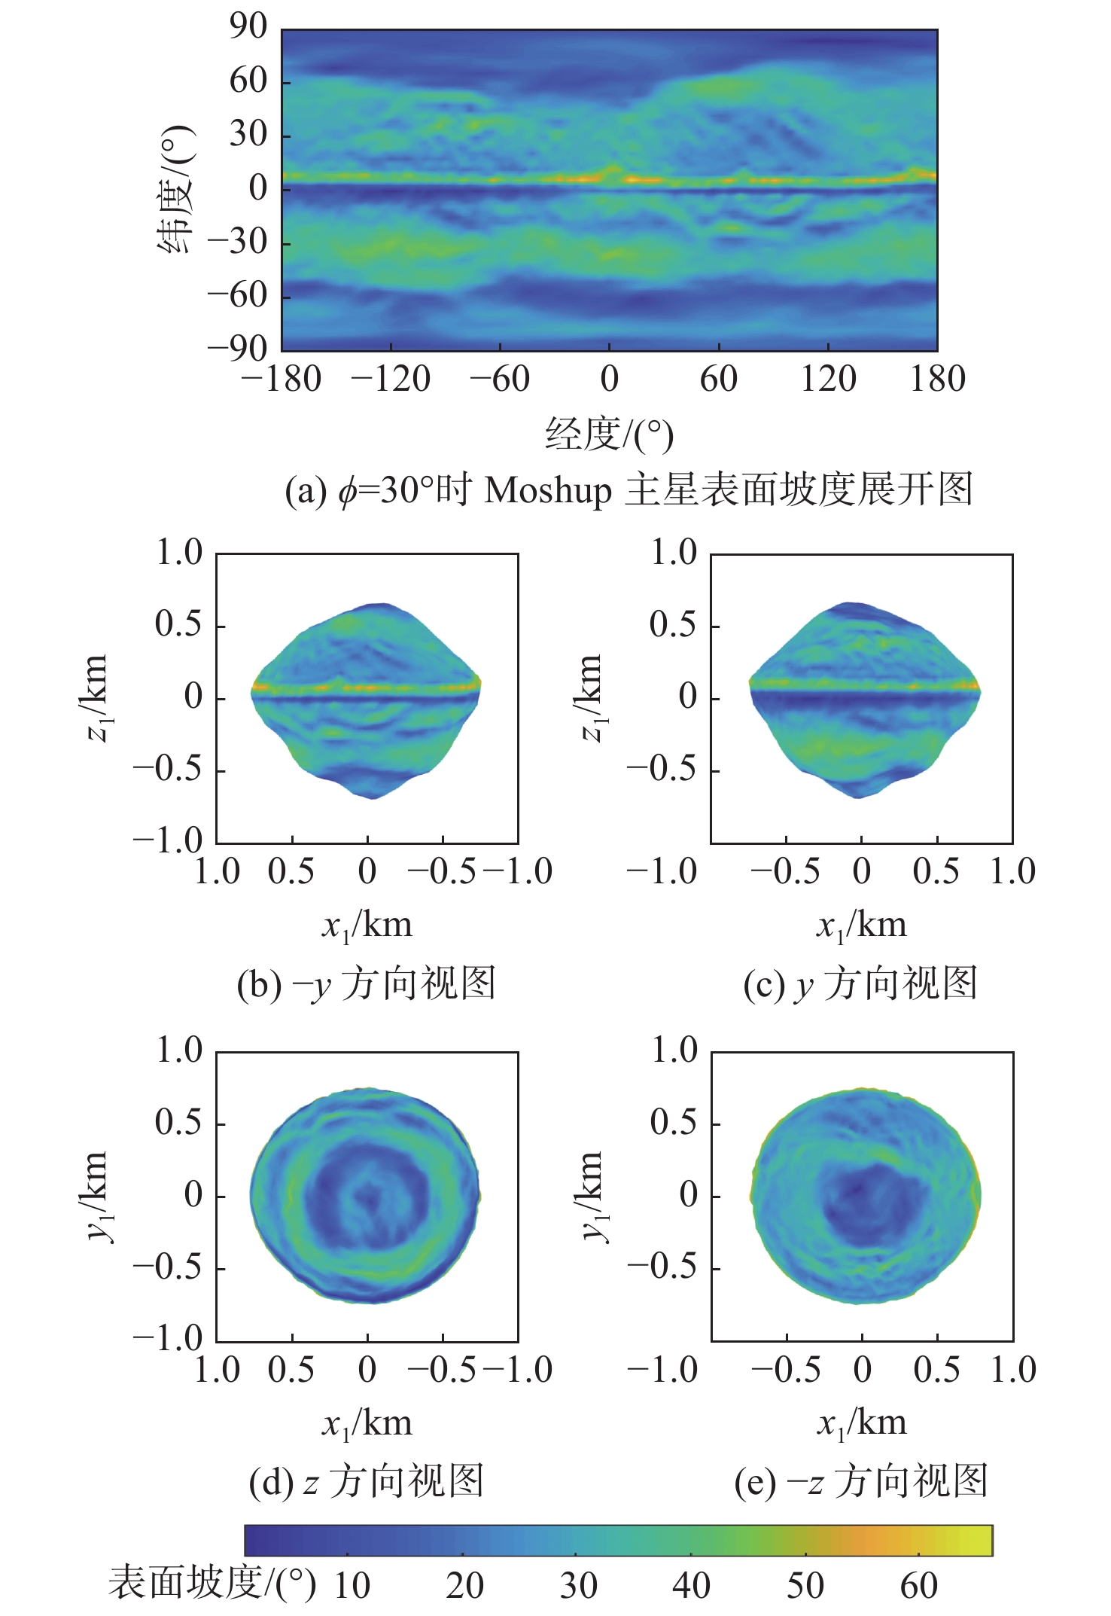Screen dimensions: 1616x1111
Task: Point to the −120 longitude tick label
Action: click(x=391, y=379)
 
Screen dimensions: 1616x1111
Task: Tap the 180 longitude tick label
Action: click(x=937, y=379)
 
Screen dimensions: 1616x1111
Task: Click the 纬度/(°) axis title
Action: click(x=177, y=190)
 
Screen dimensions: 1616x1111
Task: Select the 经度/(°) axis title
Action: click(x=609, y=435)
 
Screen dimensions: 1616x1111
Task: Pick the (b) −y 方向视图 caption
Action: click(x=367, y=984)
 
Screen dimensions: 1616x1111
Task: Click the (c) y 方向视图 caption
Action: click(x=860, y=984)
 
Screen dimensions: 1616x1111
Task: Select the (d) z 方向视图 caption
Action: click(x=367, y=1481)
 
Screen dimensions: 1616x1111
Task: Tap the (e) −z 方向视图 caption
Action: click(x=860, y=1481)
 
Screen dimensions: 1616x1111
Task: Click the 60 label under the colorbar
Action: click(x=918, y=1586)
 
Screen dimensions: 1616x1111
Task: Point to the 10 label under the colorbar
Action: click(x=352, y=1586)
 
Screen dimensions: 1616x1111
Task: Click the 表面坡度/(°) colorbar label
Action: click(x=212, y=1583)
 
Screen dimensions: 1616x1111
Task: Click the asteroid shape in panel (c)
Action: click(x=864, y=700)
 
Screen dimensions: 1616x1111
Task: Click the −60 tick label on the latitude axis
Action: click(x=238, y=295)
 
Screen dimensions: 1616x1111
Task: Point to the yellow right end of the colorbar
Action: click(x=979, y=1540)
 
